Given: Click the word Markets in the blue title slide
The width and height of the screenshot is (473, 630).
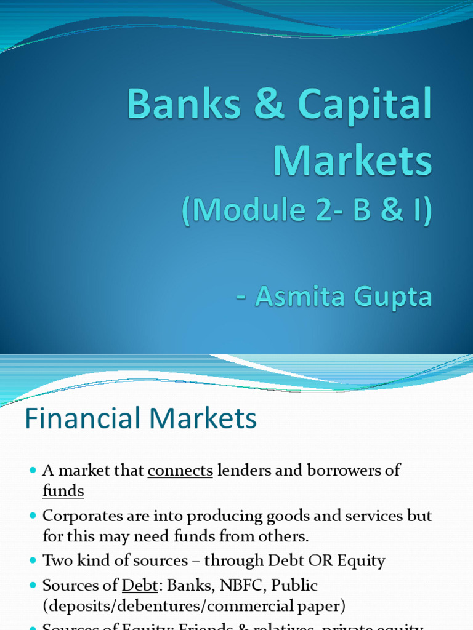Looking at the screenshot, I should (x=353, y=161).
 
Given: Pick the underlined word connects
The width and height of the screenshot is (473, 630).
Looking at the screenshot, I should (x=180, y=471).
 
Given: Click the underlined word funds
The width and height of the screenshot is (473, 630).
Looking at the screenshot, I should (x=63, y=492).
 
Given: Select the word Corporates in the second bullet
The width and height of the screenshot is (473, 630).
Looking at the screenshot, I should (x=78, y=516).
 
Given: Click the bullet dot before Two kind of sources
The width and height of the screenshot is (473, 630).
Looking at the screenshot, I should (x=33, y=561).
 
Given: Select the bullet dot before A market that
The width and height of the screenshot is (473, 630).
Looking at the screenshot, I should (x=33, y=471).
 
